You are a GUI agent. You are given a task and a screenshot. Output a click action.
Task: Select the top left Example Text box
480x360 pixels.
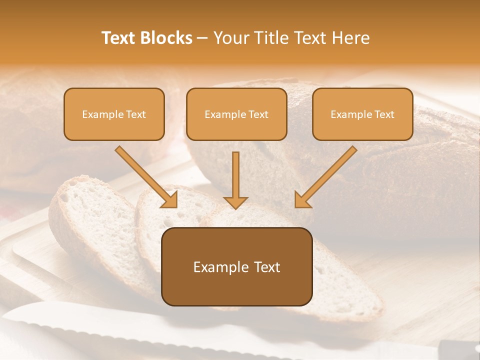click(114, 114)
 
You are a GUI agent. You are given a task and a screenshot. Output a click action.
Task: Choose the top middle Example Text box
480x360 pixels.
click(236, 114)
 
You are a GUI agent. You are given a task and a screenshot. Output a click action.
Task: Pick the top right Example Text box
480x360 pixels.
click(362, 114)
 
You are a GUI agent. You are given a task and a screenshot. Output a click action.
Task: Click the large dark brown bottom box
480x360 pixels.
click(236, 287)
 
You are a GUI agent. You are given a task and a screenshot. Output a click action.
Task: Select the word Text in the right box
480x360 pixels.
click(384, 114)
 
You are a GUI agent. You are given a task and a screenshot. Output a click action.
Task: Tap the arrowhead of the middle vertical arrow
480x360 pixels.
click(235, 202)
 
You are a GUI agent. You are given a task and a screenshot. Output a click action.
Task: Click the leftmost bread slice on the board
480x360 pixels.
click(85, 220)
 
